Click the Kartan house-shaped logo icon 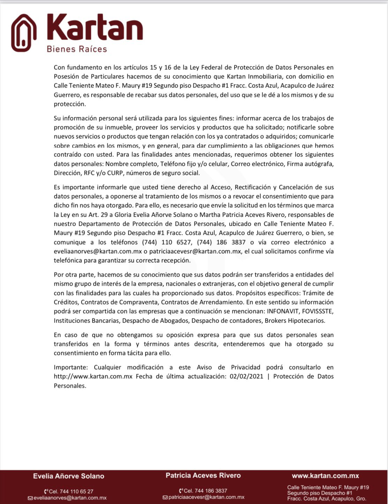point(24,33)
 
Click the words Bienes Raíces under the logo point(77,49)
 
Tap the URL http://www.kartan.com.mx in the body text point(93,377)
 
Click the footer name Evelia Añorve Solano point(68,476)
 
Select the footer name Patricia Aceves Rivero point(203,475)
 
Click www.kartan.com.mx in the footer point(325,476)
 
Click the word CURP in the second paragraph point(114,173)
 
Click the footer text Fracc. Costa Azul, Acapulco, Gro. point(327,499)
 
